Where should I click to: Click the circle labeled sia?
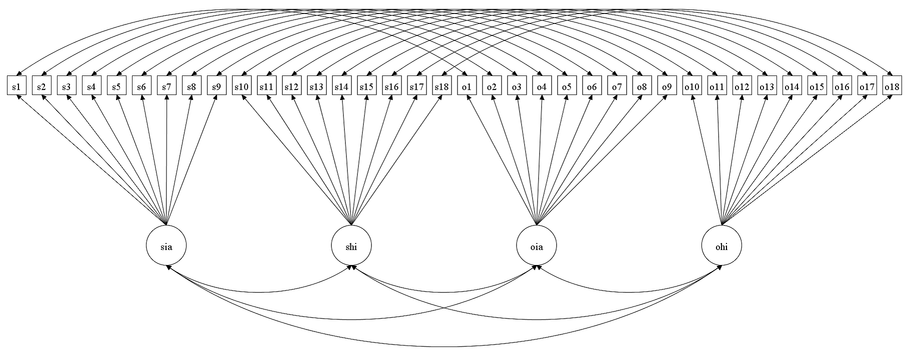(x=166, y=245)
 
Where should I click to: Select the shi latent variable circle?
(x=351, y=245)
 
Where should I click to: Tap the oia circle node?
(x=536, y=245)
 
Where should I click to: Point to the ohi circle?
(x=721, y=245)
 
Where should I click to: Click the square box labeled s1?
(x=16, y=86)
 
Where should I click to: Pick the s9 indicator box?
(x=216, y=86)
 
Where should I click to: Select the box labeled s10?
(x=241, y=86)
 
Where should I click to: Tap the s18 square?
(x=441, y=86)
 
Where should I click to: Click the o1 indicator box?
(x=466, y=86)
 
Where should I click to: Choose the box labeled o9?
(x=666, y=86)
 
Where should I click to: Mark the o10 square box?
(x=691, y=86)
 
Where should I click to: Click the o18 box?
(x=891, y=86)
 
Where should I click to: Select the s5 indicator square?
(x=116, y=86)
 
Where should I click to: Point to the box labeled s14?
(x=341, y=86)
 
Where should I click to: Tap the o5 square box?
(x=566, y=86)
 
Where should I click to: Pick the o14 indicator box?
(x=791, y=86)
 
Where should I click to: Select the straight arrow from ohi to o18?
(x=806, y=160)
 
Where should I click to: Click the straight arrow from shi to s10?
(x=297, y=160)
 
